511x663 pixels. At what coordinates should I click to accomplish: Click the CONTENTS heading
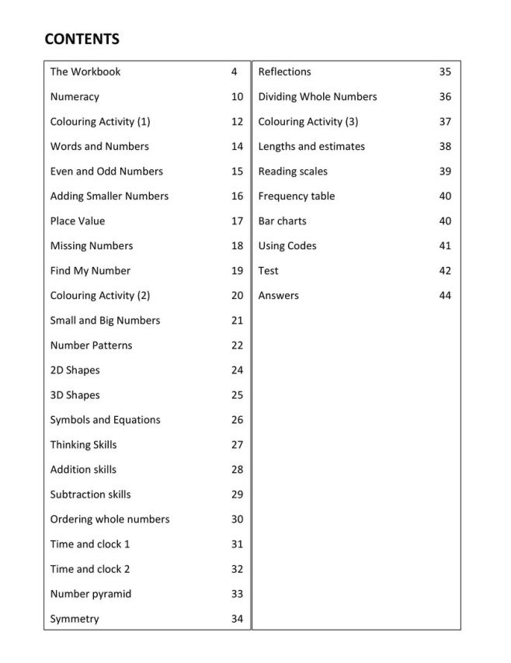click(82, 39)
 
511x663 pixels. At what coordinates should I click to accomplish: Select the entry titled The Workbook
click(85, 72)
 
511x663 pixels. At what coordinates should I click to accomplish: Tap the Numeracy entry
click(75, 97)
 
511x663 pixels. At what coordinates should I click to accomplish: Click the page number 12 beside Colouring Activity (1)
click(237, 122)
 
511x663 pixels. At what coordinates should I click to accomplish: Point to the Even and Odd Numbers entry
click(106, 172)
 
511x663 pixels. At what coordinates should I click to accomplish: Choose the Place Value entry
click(78, 221)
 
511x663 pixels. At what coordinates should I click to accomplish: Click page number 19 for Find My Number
click(237, 271)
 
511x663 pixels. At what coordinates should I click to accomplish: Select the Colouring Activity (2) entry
click(100, 296)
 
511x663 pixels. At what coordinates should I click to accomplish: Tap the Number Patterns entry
click(91, 345)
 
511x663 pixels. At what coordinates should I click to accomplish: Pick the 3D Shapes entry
click(75, 395)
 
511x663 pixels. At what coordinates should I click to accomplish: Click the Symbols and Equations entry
click(105, 420)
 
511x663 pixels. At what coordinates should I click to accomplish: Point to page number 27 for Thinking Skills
click(237, 445)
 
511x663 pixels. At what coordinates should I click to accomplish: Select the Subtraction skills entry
click(90, 495)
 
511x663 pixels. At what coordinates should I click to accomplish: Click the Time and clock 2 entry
click(90, 569)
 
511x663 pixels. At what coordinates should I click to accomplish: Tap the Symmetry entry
click(75, 619)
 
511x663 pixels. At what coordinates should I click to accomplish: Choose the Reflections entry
click(284, 72)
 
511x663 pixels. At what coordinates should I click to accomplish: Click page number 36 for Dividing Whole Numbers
click(445, 97)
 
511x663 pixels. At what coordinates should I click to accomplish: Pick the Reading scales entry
click(293, 172)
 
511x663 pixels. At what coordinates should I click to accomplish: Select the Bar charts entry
click(282, 221)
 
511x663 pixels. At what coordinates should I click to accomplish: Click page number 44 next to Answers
click(445, 296)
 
